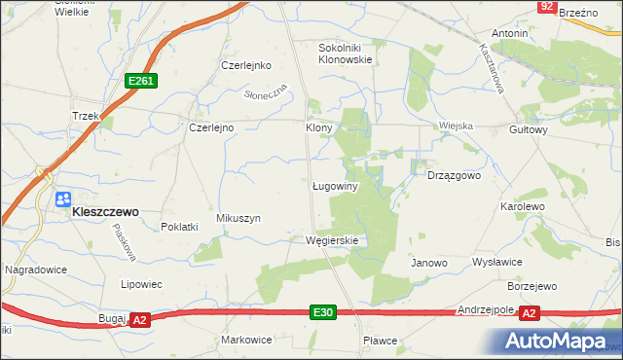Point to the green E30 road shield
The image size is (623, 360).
(325, 312)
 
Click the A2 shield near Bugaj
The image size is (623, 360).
(139, 319)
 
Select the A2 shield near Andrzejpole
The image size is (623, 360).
(529, 312)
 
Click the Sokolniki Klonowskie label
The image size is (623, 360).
(347, 53)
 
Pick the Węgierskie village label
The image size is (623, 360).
(332, 240)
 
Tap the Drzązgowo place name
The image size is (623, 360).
(455, 176)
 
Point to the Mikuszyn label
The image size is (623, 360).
(238, 219)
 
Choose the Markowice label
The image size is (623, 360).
(245, 340)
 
